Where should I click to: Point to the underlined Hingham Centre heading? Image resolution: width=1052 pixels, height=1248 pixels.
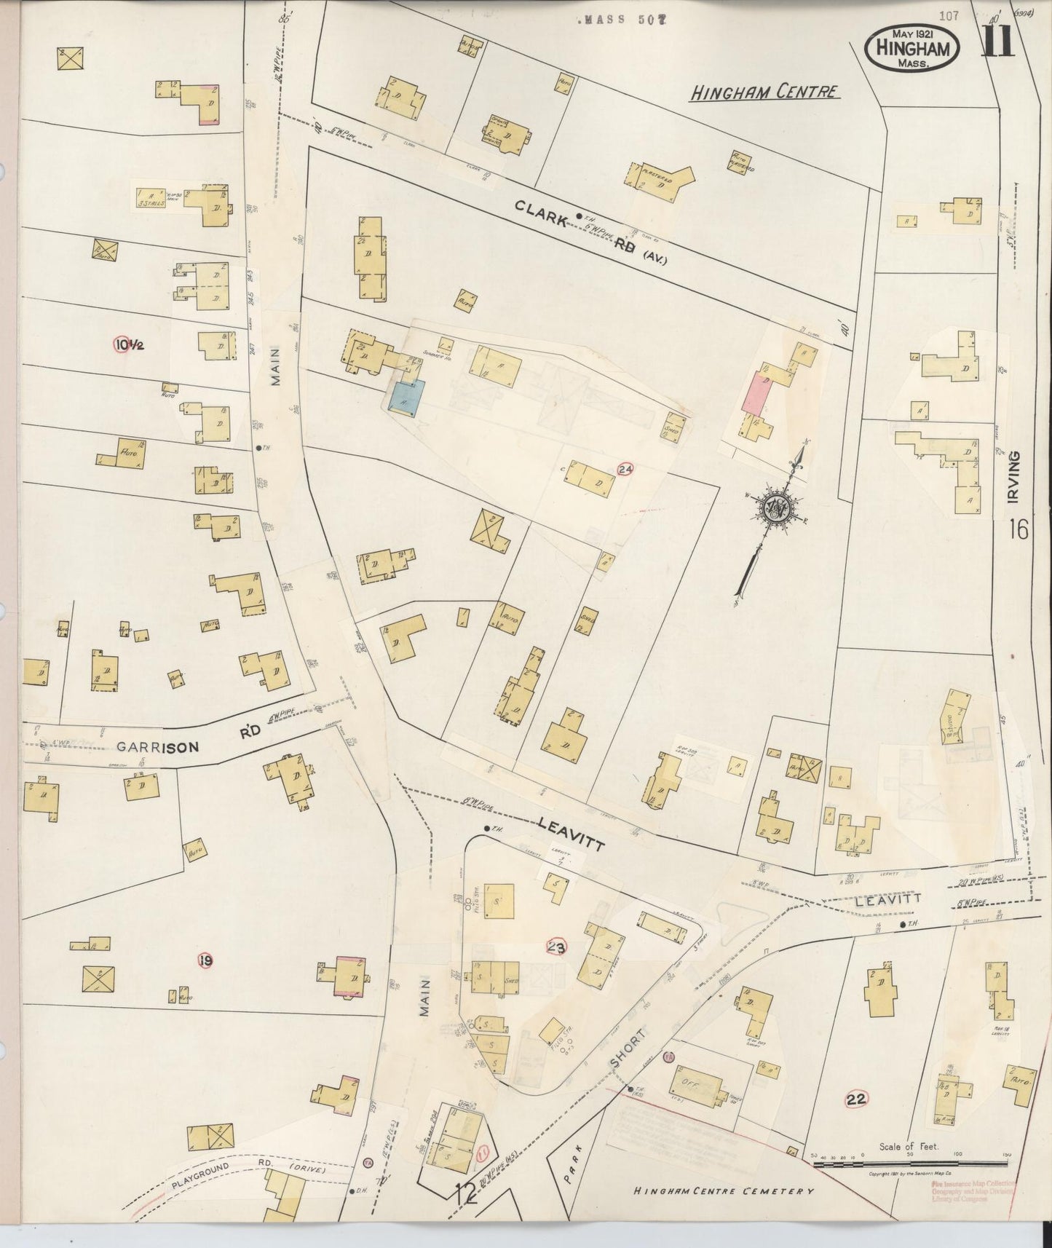[764, 92]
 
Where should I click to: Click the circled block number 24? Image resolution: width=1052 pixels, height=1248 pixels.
[624, 470]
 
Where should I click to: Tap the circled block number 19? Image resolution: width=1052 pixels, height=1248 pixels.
[205, 961]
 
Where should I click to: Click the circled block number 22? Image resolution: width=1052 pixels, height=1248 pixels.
[856, 1099]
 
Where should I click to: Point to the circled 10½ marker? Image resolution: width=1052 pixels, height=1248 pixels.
[129, 344]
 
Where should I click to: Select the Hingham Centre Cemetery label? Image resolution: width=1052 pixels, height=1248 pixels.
[723, 1191]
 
